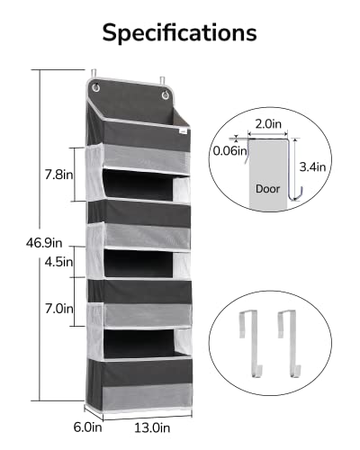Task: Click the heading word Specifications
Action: tap(179, 32)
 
